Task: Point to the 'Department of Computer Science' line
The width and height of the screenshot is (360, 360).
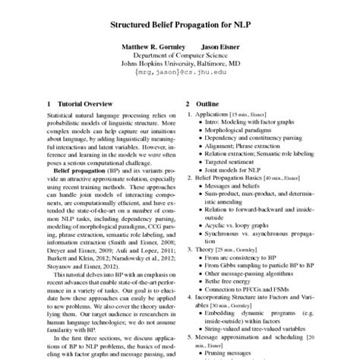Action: click(x=180, y=55)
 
